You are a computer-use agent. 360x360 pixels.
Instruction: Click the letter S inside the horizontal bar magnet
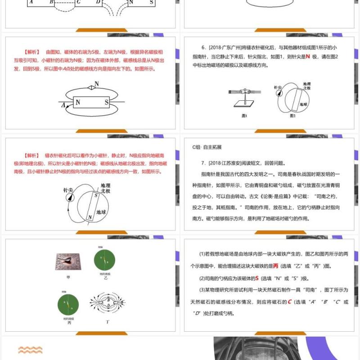pyautogui.click(x=107, y=103)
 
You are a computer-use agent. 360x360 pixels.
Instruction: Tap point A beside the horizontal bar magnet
pyautogui.click(x=64, y=105)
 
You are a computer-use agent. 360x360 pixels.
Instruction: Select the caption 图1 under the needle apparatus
pyautogui.click(x=244, y=116)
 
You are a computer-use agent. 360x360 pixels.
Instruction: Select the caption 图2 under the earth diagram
pyautogui.click(x=292, y=116)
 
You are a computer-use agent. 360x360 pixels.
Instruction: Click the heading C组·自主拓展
pyautogui.click(x=207, y=147)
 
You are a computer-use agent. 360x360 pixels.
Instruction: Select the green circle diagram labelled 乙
pyautogui.click(x=104, y=260)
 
